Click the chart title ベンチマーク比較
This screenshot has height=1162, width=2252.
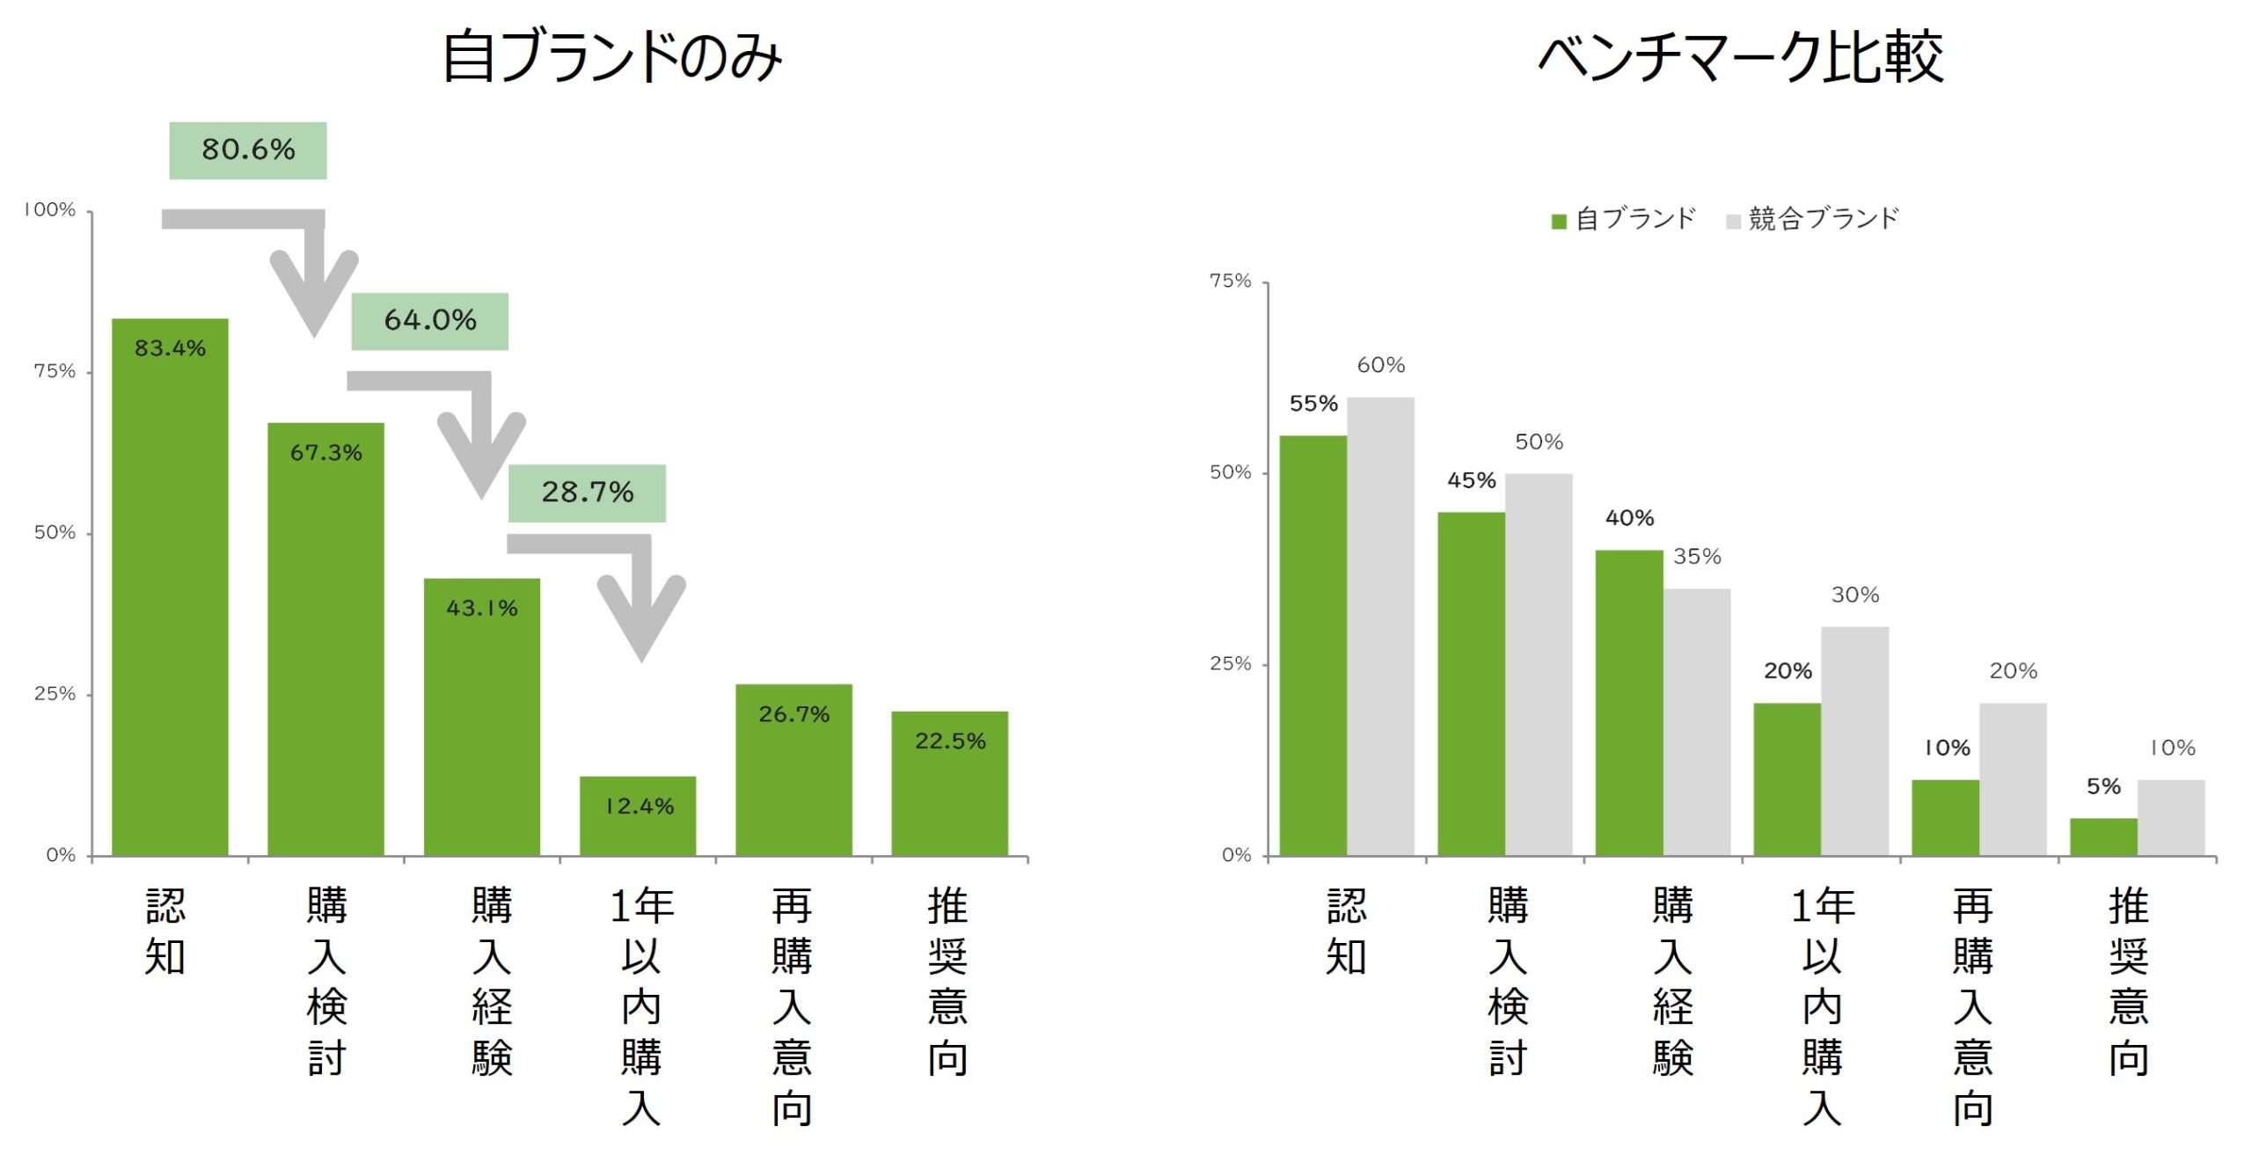click(x=1740, y=57)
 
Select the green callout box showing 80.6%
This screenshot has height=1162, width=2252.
click(x=247, y=150)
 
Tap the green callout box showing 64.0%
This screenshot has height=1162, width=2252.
click(x=429, y=321)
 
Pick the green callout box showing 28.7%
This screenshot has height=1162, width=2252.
click(x=587, y=493)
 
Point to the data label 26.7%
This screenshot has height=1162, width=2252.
click(x=793, y=714)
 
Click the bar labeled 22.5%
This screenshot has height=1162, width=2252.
click(x=949, y=783)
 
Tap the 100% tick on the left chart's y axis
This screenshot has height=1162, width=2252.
click(x=50, y=210)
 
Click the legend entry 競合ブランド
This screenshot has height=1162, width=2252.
click(x=1813, y=219)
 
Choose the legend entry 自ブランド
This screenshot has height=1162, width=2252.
click(x=1624, y=219)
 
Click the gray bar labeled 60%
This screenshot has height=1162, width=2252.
click(x=1380, y=625)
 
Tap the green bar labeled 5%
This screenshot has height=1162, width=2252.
click(x=2103, y=837)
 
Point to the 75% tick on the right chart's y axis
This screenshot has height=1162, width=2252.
click(x=1231, y=281)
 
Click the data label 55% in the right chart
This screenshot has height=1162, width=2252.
click(x=1313, y=404)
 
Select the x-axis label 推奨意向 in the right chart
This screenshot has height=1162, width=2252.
click(x=2128, y=981)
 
